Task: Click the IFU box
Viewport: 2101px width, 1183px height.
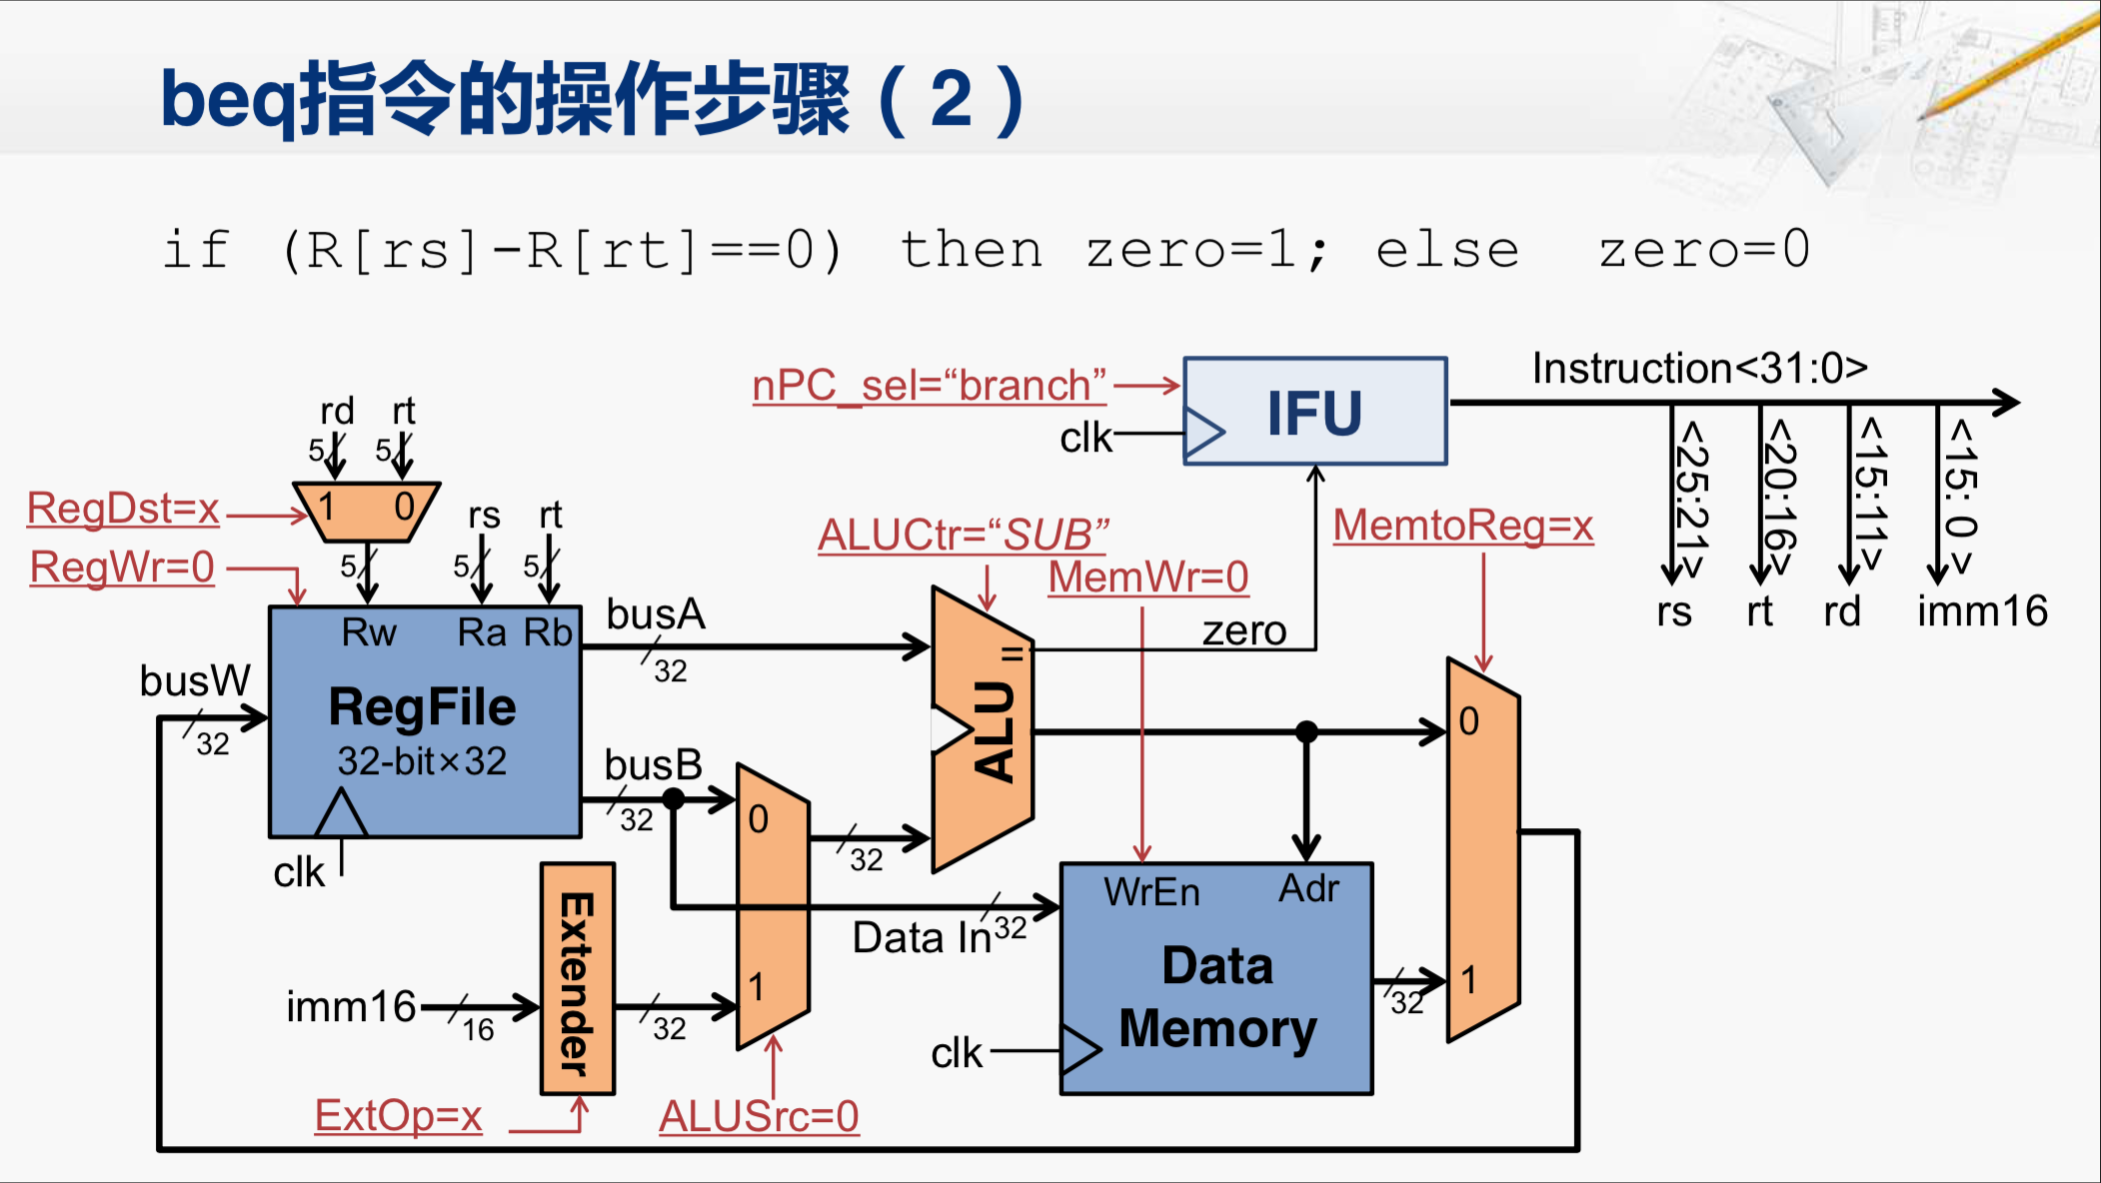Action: click(x=1314, y=412)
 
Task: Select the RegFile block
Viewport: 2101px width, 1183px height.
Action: click(x=424, y=721)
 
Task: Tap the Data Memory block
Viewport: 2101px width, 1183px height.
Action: click(x=1216, y=979)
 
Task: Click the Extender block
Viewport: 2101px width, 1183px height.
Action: click(x=577, y=979)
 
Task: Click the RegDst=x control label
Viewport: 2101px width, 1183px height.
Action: click(x=123, y=509)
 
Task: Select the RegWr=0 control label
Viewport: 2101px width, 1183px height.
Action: click(x=122, y=568)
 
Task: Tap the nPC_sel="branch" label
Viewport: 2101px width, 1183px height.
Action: click(x=929, y=386)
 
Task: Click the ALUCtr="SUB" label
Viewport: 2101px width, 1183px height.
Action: click(x=963, y=535)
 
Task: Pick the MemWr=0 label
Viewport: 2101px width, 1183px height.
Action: click(x=1148, y=578)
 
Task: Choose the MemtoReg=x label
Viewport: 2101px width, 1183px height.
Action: click(x=1463, y=526)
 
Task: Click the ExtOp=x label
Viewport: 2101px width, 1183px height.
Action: click(x=398, y=1116)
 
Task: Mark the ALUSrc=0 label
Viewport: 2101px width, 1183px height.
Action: click(x=759, y=1117)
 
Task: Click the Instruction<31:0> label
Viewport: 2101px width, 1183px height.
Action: click(x=1699, y=369)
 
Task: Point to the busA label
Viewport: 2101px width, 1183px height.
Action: click(x=656, y=614)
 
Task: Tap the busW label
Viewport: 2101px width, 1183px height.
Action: click(x=195, y=681)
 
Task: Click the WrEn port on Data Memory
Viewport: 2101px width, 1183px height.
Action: click(x=1151, y=891)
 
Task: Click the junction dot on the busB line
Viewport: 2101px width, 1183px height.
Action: click(x=674, y=798)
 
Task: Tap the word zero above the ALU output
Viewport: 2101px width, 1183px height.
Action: click(x=1243, y=631)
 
